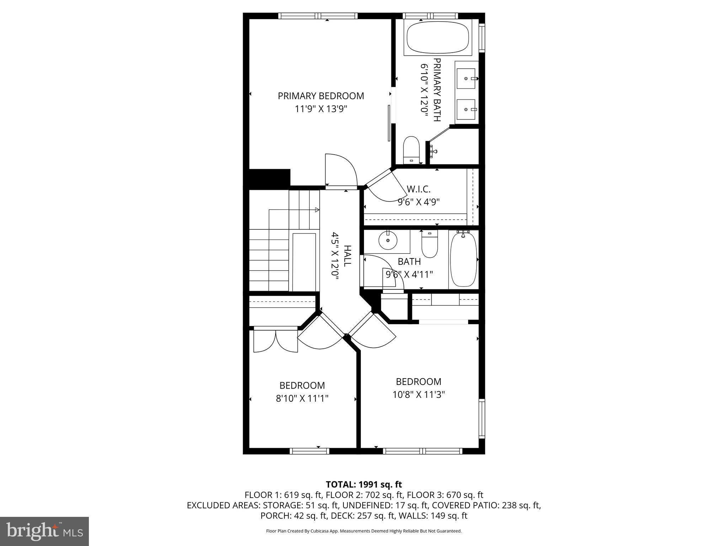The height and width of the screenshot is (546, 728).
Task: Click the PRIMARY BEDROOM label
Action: pyautogui.click(x=321, y=96)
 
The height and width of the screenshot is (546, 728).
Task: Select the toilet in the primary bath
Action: pyautogui.click(x=412, y=149)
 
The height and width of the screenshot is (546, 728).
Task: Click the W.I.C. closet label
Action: pyautogui.click(x=418, y=188)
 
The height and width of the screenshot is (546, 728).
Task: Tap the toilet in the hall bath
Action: pyautogui.click(x=429, y=245)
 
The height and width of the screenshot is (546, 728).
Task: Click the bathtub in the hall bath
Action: pyautogui.click(x=464, y=259)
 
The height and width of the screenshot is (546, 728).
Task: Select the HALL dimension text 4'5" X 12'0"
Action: pyautogui.click(x=334, y=256)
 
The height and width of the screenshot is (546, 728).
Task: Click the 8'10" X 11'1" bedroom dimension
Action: pyautogui.click(x=302, y=398)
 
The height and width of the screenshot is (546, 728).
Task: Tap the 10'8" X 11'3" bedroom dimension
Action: pyautogui.click(x=418, y=395)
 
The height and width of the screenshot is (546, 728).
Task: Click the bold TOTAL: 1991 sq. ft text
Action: pyautogui.click(x=364, y=484)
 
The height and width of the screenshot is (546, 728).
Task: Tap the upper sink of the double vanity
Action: pyautogui.click(x=466, y=78)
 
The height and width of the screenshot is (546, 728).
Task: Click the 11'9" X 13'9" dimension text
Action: pyautogui.click(x=321, y=109)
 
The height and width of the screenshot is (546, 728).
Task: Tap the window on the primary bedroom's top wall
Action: pyautogui.click(x=317, y=16)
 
